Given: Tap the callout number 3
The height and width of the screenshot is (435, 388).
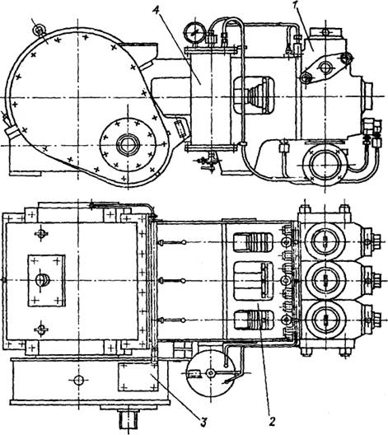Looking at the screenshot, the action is point(203,423).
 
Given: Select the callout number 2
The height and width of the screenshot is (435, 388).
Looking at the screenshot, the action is point(273,422).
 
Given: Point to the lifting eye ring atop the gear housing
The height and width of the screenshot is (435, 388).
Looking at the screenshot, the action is point(39,29).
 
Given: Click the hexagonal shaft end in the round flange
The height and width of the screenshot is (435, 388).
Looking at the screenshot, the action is point(128,144).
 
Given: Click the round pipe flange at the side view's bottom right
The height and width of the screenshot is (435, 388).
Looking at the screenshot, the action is point(325,165).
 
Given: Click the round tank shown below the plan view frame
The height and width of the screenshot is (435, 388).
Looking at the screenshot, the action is point(211,373).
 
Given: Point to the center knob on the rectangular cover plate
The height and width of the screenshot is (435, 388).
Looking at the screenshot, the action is point(43,280).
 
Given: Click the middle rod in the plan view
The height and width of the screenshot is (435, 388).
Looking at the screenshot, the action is point(171,281).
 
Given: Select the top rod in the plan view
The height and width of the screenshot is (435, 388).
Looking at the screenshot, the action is point(171,242).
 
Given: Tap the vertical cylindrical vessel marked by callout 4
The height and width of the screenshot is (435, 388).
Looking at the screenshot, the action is point(212,98).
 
